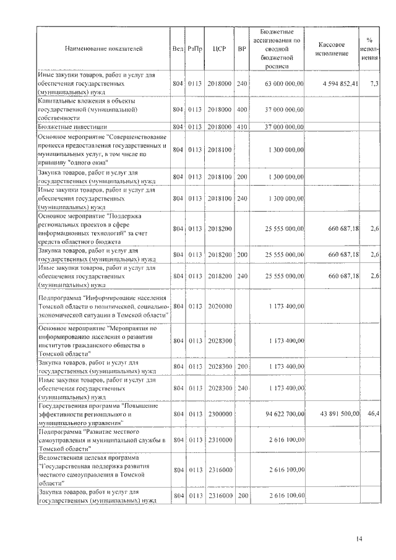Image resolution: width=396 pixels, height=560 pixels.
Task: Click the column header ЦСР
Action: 217,48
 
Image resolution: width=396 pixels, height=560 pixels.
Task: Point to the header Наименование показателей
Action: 103,48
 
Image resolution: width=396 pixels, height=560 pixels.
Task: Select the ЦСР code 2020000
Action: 217,306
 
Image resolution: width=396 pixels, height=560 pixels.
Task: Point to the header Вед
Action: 178,48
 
